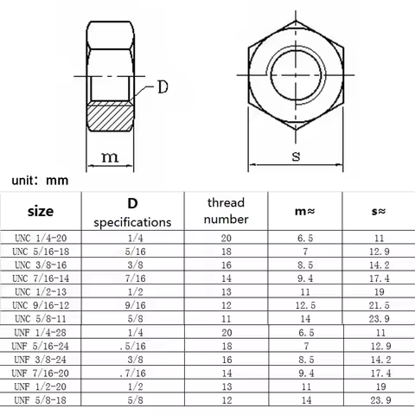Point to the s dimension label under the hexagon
(297, 156)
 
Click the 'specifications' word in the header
(132, 222)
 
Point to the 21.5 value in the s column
(379, 305)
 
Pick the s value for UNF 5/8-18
(379, 401)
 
